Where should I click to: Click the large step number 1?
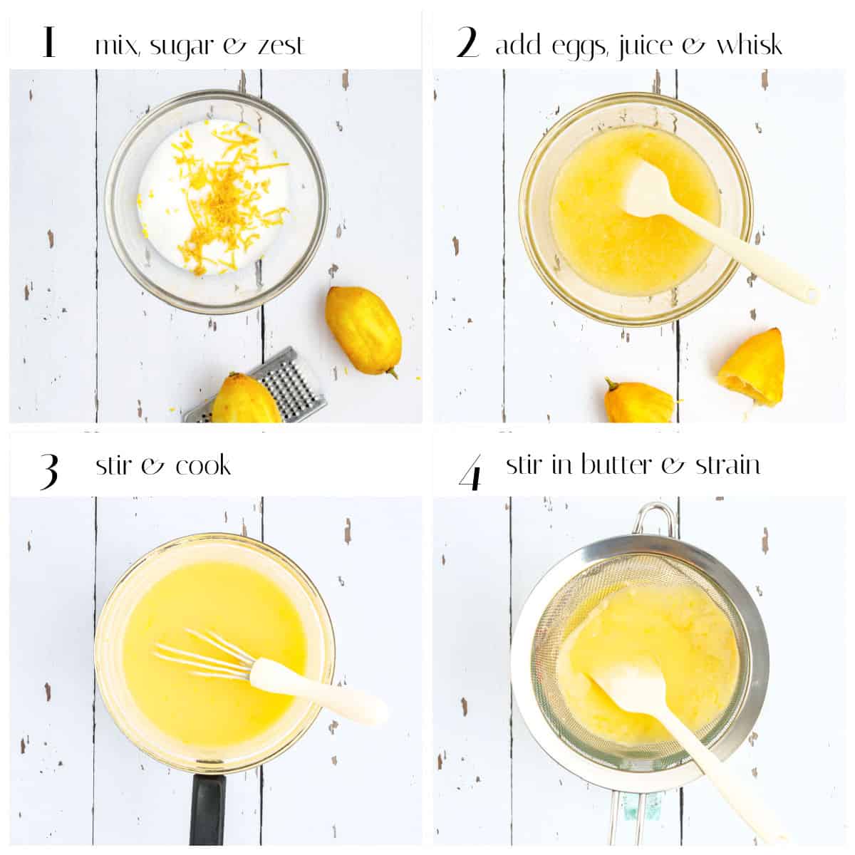[x=48, y=42]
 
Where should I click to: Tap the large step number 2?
[x=467, y=43]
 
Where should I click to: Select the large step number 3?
[x=48, y=470]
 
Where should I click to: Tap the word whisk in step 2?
[x=749, y=45]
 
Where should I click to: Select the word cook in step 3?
[x=203, y=466]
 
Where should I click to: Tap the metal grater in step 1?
[x=285, y=385]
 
